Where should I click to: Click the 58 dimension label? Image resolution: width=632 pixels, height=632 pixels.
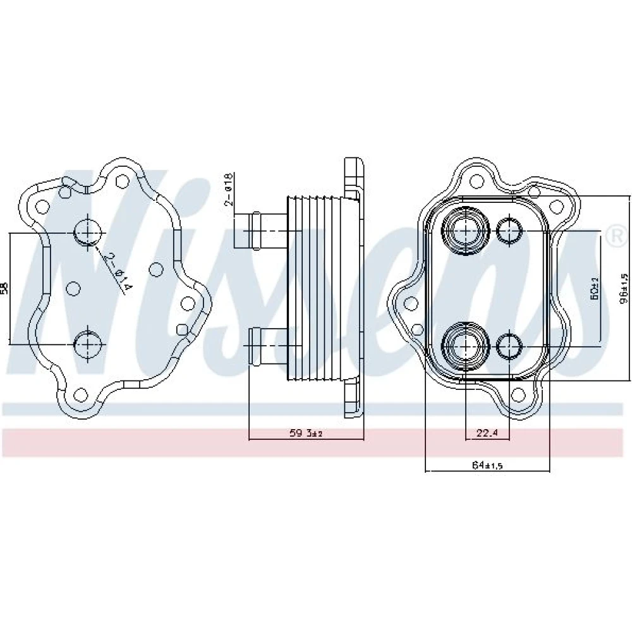[x=5, y=288]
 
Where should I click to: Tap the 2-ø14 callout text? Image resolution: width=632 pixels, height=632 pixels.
[x=118, y=272]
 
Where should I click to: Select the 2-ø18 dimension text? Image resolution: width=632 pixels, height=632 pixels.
[x=229, y=189]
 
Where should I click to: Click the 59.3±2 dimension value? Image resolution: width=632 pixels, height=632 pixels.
[x=307, y=433]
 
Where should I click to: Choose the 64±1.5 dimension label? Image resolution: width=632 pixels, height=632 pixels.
[x=487, y=465]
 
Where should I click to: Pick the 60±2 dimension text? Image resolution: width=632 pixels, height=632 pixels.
[x=594, y=289]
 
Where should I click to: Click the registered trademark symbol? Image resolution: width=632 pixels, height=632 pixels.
[x=613, y=236]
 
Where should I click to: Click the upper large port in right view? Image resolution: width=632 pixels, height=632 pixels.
[x=466, y=230]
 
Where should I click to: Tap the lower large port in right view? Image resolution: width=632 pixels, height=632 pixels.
[x=466, y=345]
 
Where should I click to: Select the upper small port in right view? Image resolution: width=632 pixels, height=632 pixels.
[x=509, y=231]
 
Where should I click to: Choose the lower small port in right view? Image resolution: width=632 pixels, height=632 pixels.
[x=509, y=345]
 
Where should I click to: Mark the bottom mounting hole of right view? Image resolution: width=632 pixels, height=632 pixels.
[x=518, y=396]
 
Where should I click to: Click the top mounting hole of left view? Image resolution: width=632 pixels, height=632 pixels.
[x=123, y=180]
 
